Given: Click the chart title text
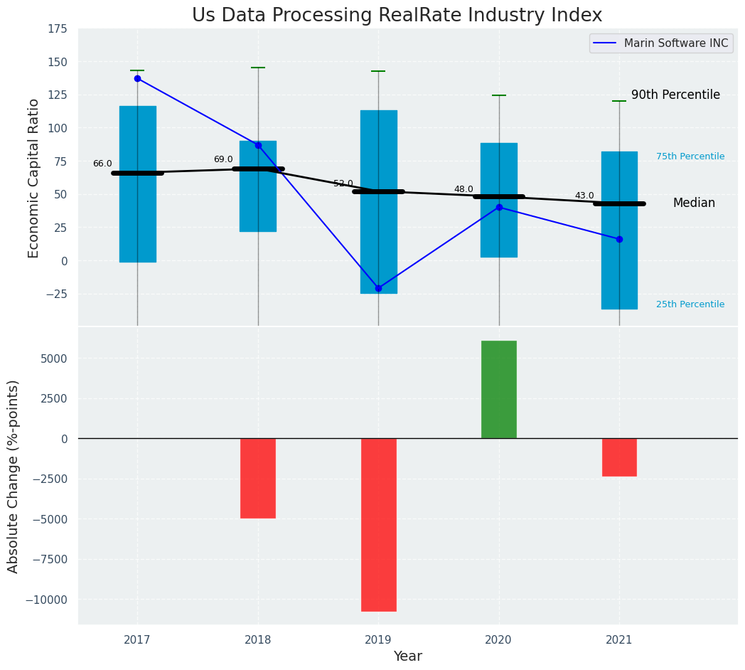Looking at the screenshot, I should pos(397,16).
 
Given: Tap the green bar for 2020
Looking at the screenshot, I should pos(499,389).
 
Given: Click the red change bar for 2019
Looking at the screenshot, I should pos(378,524).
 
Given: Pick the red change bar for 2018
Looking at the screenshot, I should pos(258,478).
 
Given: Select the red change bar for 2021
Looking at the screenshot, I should pos(619,457).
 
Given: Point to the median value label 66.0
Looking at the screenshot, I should pos(102,164).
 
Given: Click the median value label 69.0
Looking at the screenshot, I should pos(223,159).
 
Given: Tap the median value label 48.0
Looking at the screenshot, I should pos(463,189).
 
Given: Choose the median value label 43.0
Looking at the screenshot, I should pos(584,196).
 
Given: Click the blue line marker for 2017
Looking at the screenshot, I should pos(137,78).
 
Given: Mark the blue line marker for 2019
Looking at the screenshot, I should pos(378,288).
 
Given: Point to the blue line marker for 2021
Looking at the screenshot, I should pos(619,239).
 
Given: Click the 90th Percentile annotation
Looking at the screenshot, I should pos(675,95).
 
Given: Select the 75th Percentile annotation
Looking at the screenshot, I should pos(690,156).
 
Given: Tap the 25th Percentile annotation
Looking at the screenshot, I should pos(690,304).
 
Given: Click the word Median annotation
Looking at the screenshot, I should pos(694,203).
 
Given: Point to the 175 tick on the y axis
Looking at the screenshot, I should pos(58,28).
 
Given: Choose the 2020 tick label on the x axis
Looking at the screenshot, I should pos(498,640).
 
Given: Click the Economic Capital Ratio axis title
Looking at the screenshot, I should pos(34,178).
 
